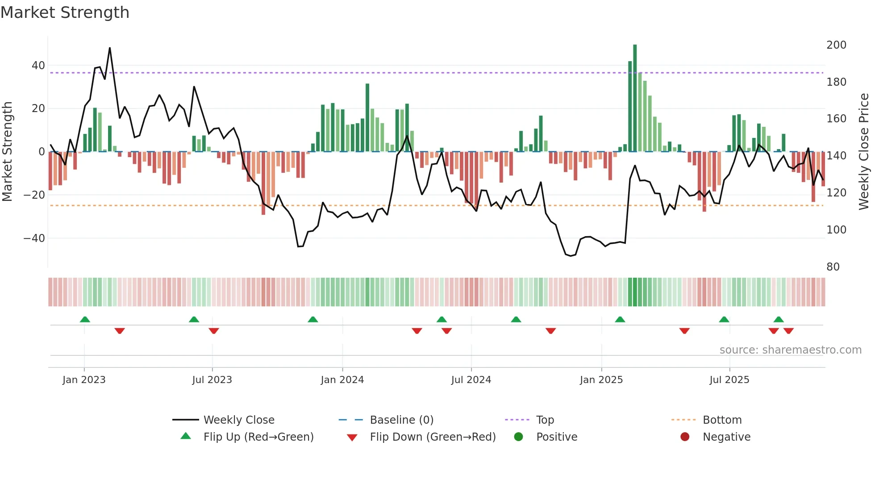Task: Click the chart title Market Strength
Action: (65, 13)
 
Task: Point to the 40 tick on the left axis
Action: (38, 66)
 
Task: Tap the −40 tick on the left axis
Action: (34, 238)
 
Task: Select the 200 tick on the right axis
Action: (836, 45)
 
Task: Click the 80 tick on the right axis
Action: (833, 267)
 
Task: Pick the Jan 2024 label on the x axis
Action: (342, 380)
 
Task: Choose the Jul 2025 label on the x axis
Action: (729, 380)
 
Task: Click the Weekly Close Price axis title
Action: (864, 152)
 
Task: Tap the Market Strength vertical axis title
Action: (7, 152)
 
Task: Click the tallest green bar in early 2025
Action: (635, 98)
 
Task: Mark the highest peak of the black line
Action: (110, 48)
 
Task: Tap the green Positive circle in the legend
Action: (518, 437)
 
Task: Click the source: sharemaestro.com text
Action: (790, 350)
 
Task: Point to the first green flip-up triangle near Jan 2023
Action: (85, 319)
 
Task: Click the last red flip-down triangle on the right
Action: (788, 331)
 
